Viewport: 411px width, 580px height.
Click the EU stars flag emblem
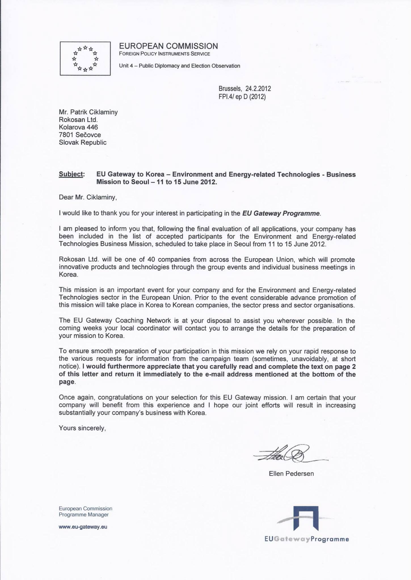coord(85,58)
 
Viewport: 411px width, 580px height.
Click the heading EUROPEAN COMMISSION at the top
coord(168,46)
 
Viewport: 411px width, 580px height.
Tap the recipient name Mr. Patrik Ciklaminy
coord(88,112)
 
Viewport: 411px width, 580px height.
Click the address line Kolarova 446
coord(78,127)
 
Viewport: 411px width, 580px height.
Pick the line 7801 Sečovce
coord(80,135)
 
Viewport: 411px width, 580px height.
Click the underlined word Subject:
coord(71,174)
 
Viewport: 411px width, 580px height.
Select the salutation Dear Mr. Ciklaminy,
coord(88,197)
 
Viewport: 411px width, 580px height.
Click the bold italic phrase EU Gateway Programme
coord(281,214)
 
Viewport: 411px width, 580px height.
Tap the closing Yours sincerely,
coord(82,428)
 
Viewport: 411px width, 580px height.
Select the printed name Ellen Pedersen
coord(291,474)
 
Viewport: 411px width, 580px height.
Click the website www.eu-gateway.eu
coord(83,527)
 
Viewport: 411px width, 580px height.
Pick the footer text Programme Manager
coord(84,515)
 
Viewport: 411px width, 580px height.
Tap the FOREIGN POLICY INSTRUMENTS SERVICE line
coord(165,54)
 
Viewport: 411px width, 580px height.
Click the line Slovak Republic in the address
coord(83,142)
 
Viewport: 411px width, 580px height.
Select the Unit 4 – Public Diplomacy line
coord(180,66)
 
